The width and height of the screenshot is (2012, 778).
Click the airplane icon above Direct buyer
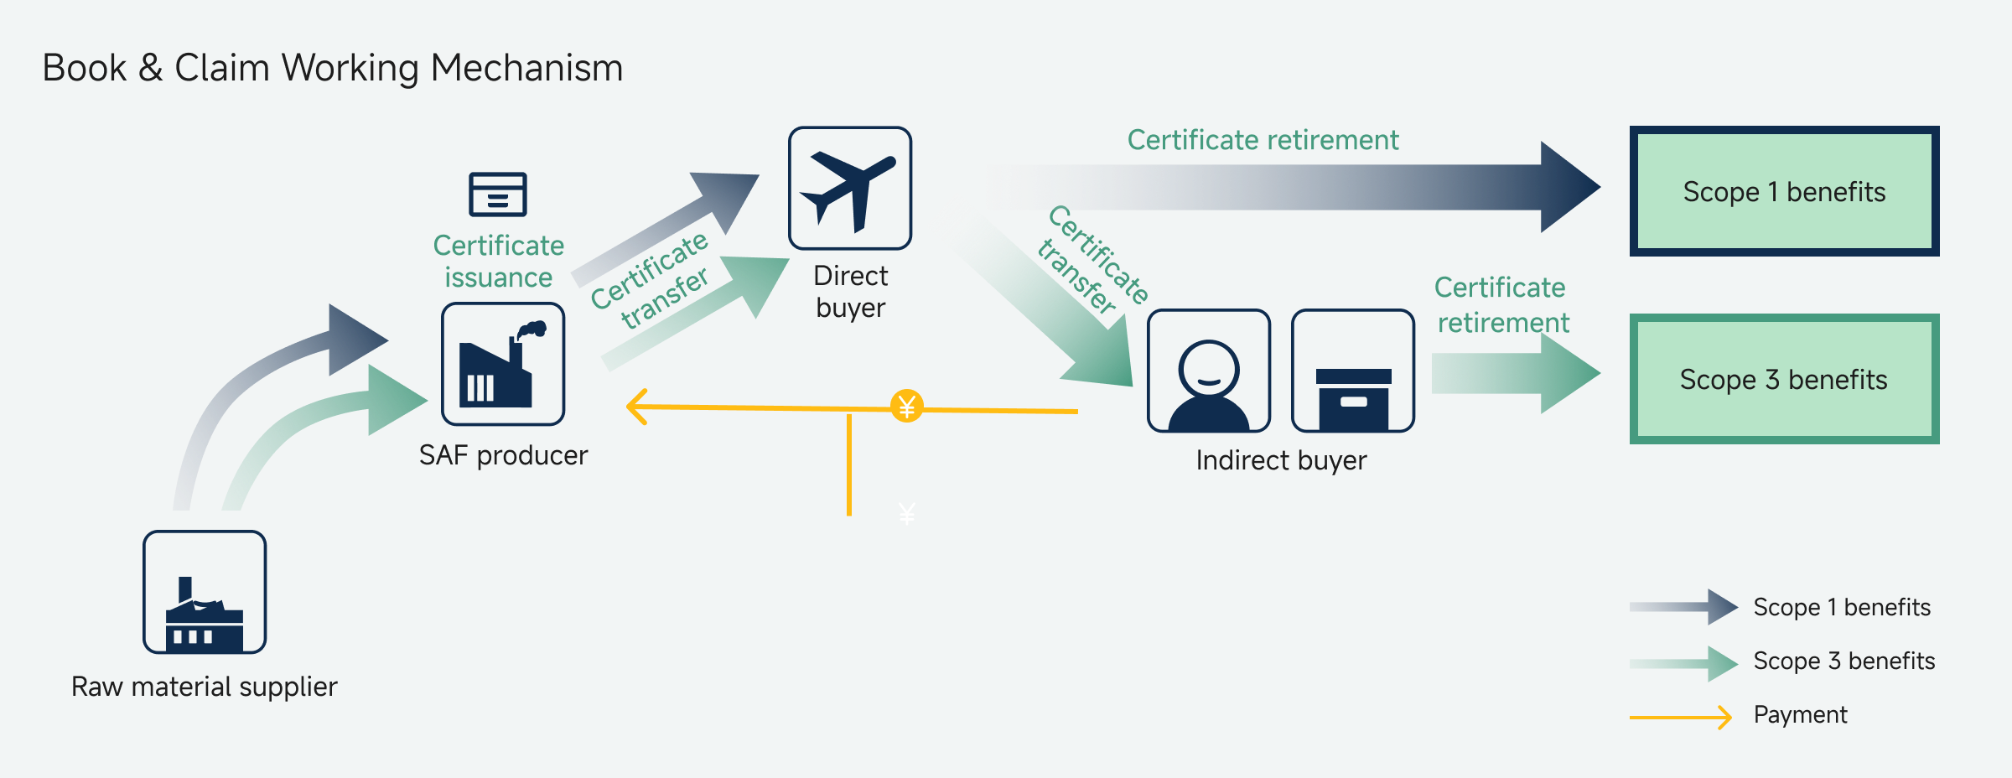pos(850,189)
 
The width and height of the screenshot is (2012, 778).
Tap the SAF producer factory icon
pos(503,365)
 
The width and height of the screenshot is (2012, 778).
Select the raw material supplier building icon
pos(205,593)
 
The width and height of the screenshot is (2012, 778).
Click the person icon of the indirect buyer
pos(1208,371)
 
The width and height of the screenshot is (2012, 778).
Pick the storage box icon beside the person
pos(1353,371)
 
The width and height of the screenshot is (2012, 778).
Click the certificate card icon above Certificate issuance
pos(498,194)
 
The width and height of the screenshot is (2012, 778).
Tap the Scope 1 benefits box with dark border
pos(1784,191)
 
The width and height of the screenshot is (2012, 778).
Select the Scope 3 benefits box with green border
pos(1784,379)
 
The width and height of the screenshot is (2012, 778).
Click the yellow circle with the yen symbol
pos(906,407)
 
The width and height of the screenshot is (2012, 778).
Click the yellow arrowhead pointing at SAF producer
pos(637,407)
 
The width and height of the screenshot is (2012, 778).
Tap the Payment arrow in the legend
pos(1680,717)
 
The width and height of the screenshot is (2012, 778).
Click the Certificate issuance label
pos(499,262)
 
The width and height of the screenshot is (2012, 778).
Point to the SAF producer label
pos(503,455)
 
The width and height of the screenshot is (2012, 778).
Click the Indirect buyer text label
pos(1281,460)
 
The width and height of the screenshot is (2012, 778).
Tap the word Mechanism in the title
pos(526,68)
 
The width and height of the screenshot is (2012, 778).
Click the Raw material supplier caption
pos(205,687)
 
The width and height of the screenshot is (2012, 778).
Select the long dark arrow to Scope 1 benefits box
pos(1291,187)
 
